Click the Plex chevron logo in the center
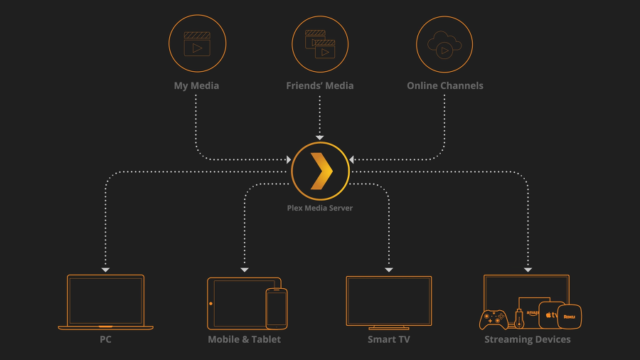point(320,171)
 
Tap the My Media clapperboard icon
point(197,44)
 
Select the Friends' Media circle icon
point(320,44)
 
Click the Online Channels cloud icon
point(444,44)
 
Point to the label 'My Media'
point(196,85)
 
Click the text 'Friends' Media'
point(319,85)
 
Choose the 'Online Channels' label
point(444,85)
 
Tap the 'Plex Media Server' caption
point(320,208)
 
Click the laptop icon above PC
point(105,302)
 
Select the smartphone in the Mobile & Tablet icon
point(276,308)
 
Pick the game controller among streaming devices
point(493,319)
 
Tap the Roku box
point(569,316)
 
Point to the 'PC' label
point(105,339)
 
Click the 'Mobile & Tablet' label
point(244,339)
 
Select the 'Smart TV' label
point(388,339)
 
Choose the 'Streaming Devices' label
point(527,339)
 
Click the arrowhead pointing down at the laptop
point(105,270)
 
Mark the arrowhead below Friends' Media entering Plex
point(320,137)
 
